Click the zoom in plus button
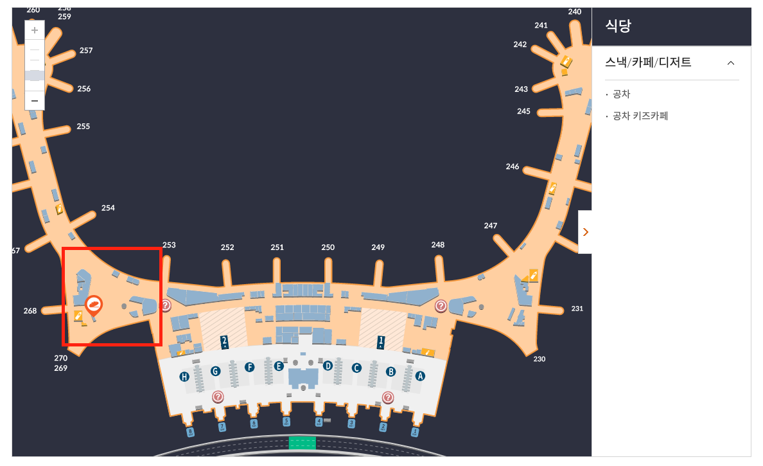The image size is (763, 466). click(x=35, y=30)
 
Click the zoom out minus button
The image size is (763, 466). click(x=35, y=101)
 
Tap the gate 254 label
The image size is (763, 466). click(x=108, y=208)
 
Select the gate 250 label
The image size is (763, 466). click(x=328, y=247)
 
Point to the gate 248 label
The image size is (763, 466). click(x=438, y=245)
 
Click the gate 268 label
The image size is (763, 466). click(x=30, y=311)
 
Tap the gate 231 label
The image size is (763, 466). click(x=577, y=309)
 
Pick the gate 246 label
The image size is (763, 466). click(x=513, y=166)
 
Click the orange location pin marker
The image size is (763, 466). click(x=94, y=304)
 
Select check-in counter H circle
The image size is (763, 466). click(x=184, y=377)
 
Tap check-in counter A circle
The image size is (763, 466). click(x=421, y=376)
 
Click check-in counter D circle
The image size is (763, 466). click(x=328, y=366)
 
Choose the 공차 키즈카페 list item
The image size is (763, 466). click(x=640, y=116)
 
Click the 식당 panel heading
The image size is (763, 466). click(x=618, y=26)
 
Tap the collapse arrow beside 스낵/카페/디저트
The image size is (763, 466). click(x=730, y=63)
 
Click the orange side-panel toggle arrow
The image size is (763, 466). click(x=585, y=232)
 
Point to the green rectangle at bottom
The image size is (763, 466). click(x=302, y=442)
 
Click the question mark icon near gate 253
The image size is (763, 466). click(x=166, y=305)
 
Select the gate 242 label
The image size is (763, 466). click(x=520, y=44)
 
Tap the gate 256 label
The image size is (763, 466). click(x=84, y=89)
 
